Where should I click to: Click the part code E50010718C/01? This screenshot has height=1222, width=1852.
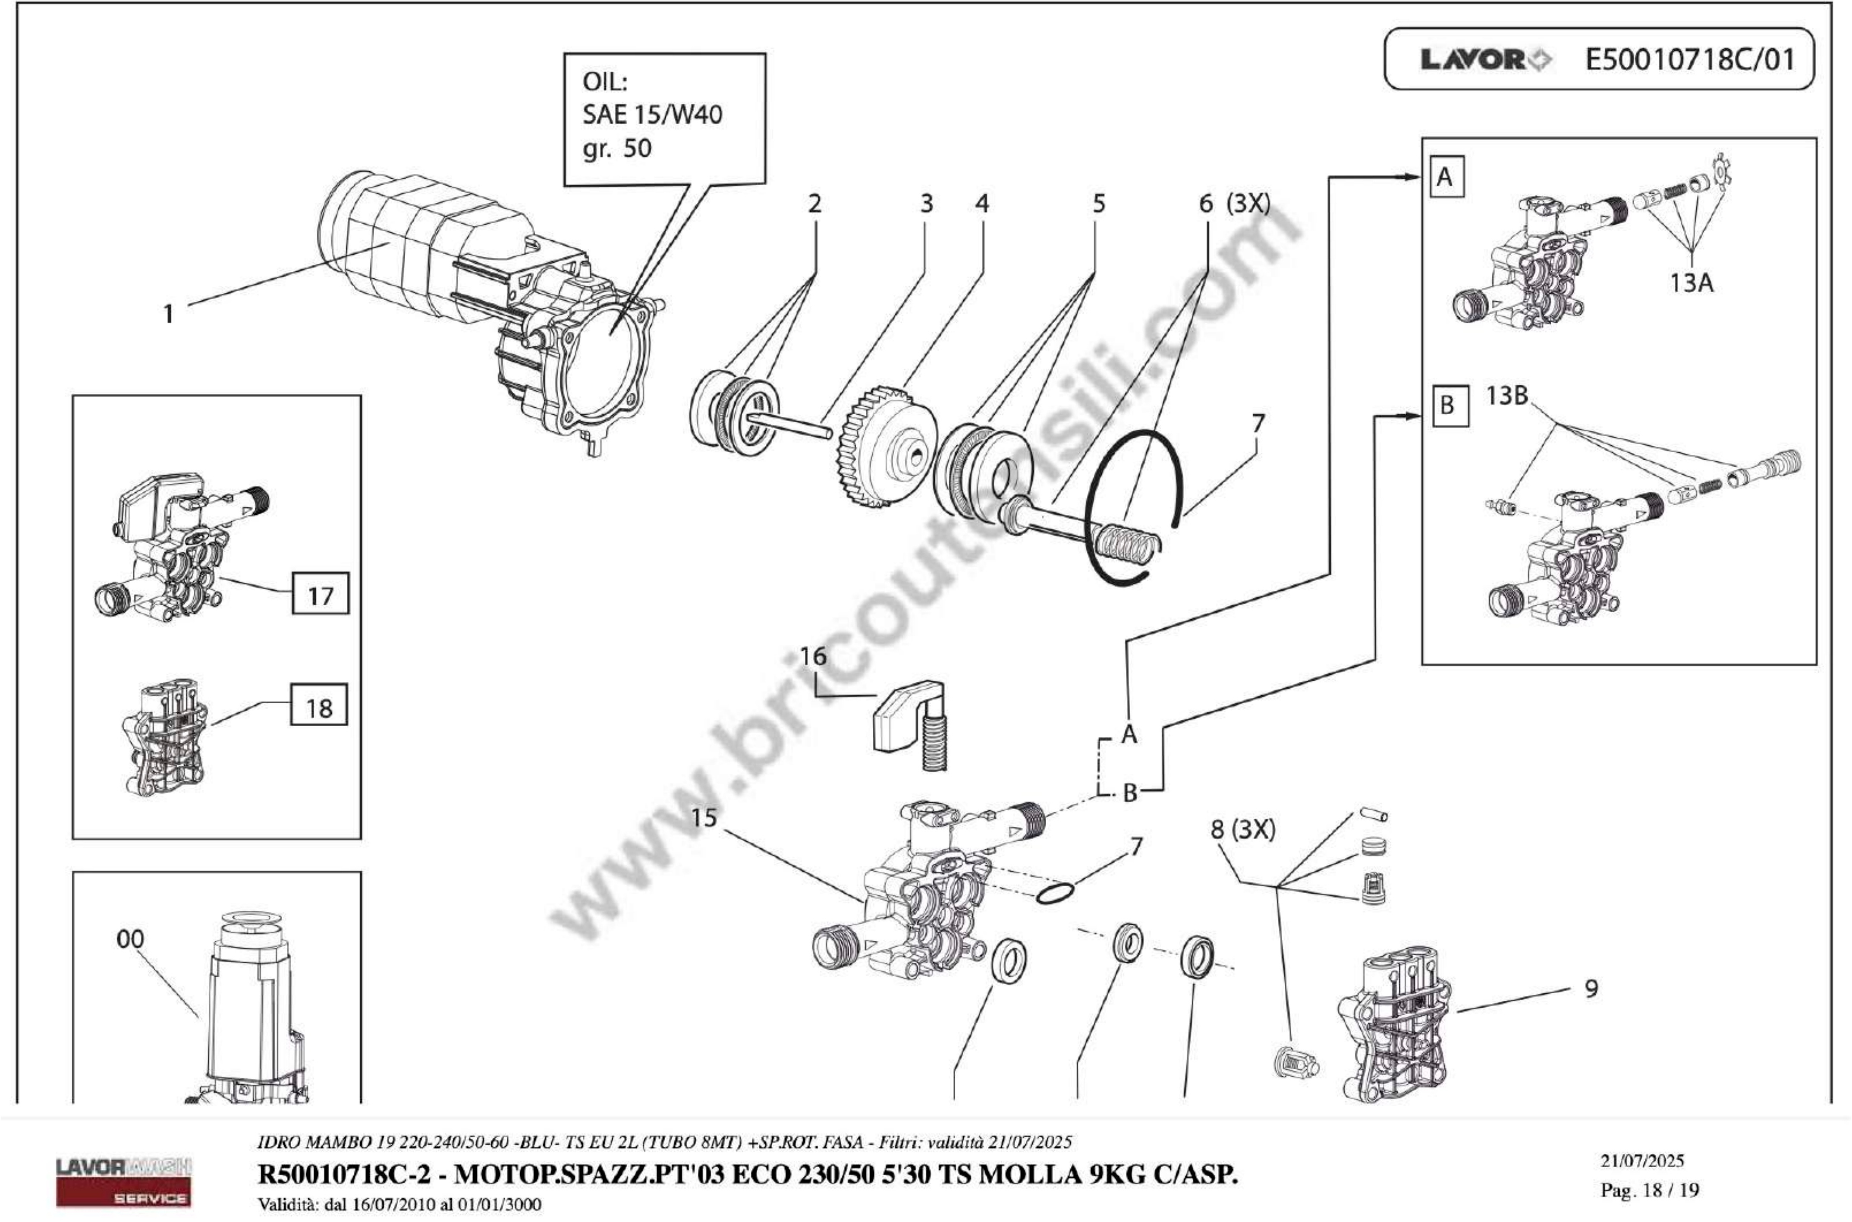(1689, 59)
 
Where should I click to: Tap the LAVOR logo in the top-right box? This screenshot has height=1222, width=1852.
(1485, 60)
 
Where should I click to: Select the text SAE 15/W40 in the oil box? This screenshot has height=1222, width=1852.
(652, 115)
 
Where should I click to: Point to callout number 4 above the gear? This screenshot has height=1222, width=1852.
(982, 203)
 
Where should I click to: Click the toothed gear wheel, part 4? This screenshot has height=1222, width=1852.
(884, 448)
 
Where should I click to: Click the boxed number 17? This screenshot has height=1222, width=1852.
(320, 595)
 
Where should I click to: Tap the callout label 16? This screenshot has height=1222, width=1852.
(813, 656)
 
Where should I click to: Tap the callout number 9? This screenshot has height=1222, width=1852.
(1591, 988)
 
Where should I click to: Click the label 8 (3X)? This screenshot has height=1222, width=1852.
(1243, 830)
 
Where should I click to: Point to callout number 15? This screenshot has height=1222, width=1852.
(704, 818)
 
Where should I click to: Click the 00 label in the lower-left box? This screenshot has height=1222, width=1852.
(130, 939)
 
